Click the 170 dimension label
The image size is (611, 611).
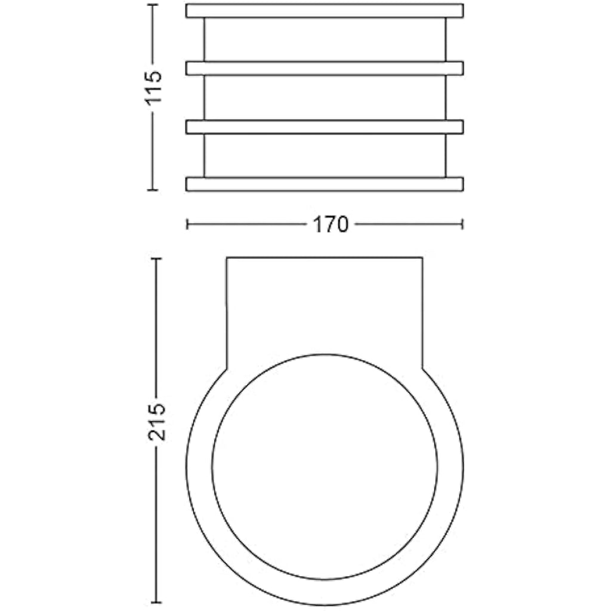[331, 225]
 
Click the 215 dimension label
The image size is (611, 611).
[157, 422]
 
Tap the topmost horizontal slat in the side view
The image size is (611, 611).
[325, 11]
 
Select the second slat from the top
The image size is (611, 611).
[325, 68]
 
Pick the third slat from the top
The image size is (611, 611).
[325, 127]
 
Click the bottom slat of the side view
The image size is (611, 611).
[325, 184]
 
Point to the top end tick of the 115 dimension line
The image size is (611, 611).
[153, 5]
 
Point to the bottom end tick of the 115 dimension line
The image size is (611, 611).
[153, 190]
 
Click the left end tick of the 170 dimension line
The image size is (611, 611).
[187, 224]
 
